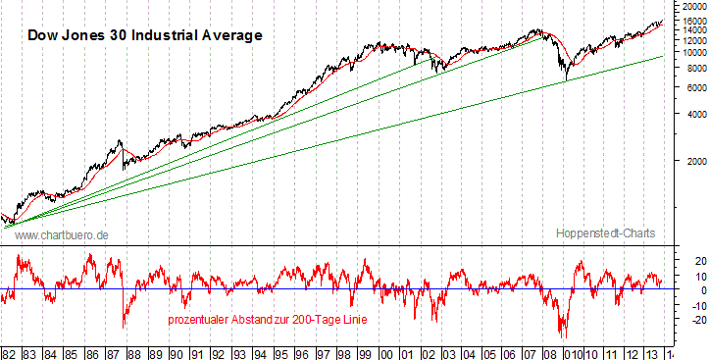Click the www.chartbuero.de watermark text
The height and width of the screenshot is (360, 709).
click(x=61, y=235)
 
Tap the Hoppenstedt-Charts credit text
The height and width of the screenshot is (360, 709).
click(x=605, y=233)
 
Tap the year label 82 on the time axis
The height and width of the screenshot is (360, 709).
click(x=9, y=351)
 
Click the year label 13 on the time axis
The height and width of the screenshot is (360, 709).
click(x=656, y=351)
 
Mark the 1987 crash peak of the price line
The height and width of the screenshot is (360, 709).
click(x=120, y=141)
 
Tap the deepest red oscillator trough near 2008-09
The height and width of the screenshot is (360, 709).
click(x=564, y=336)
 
